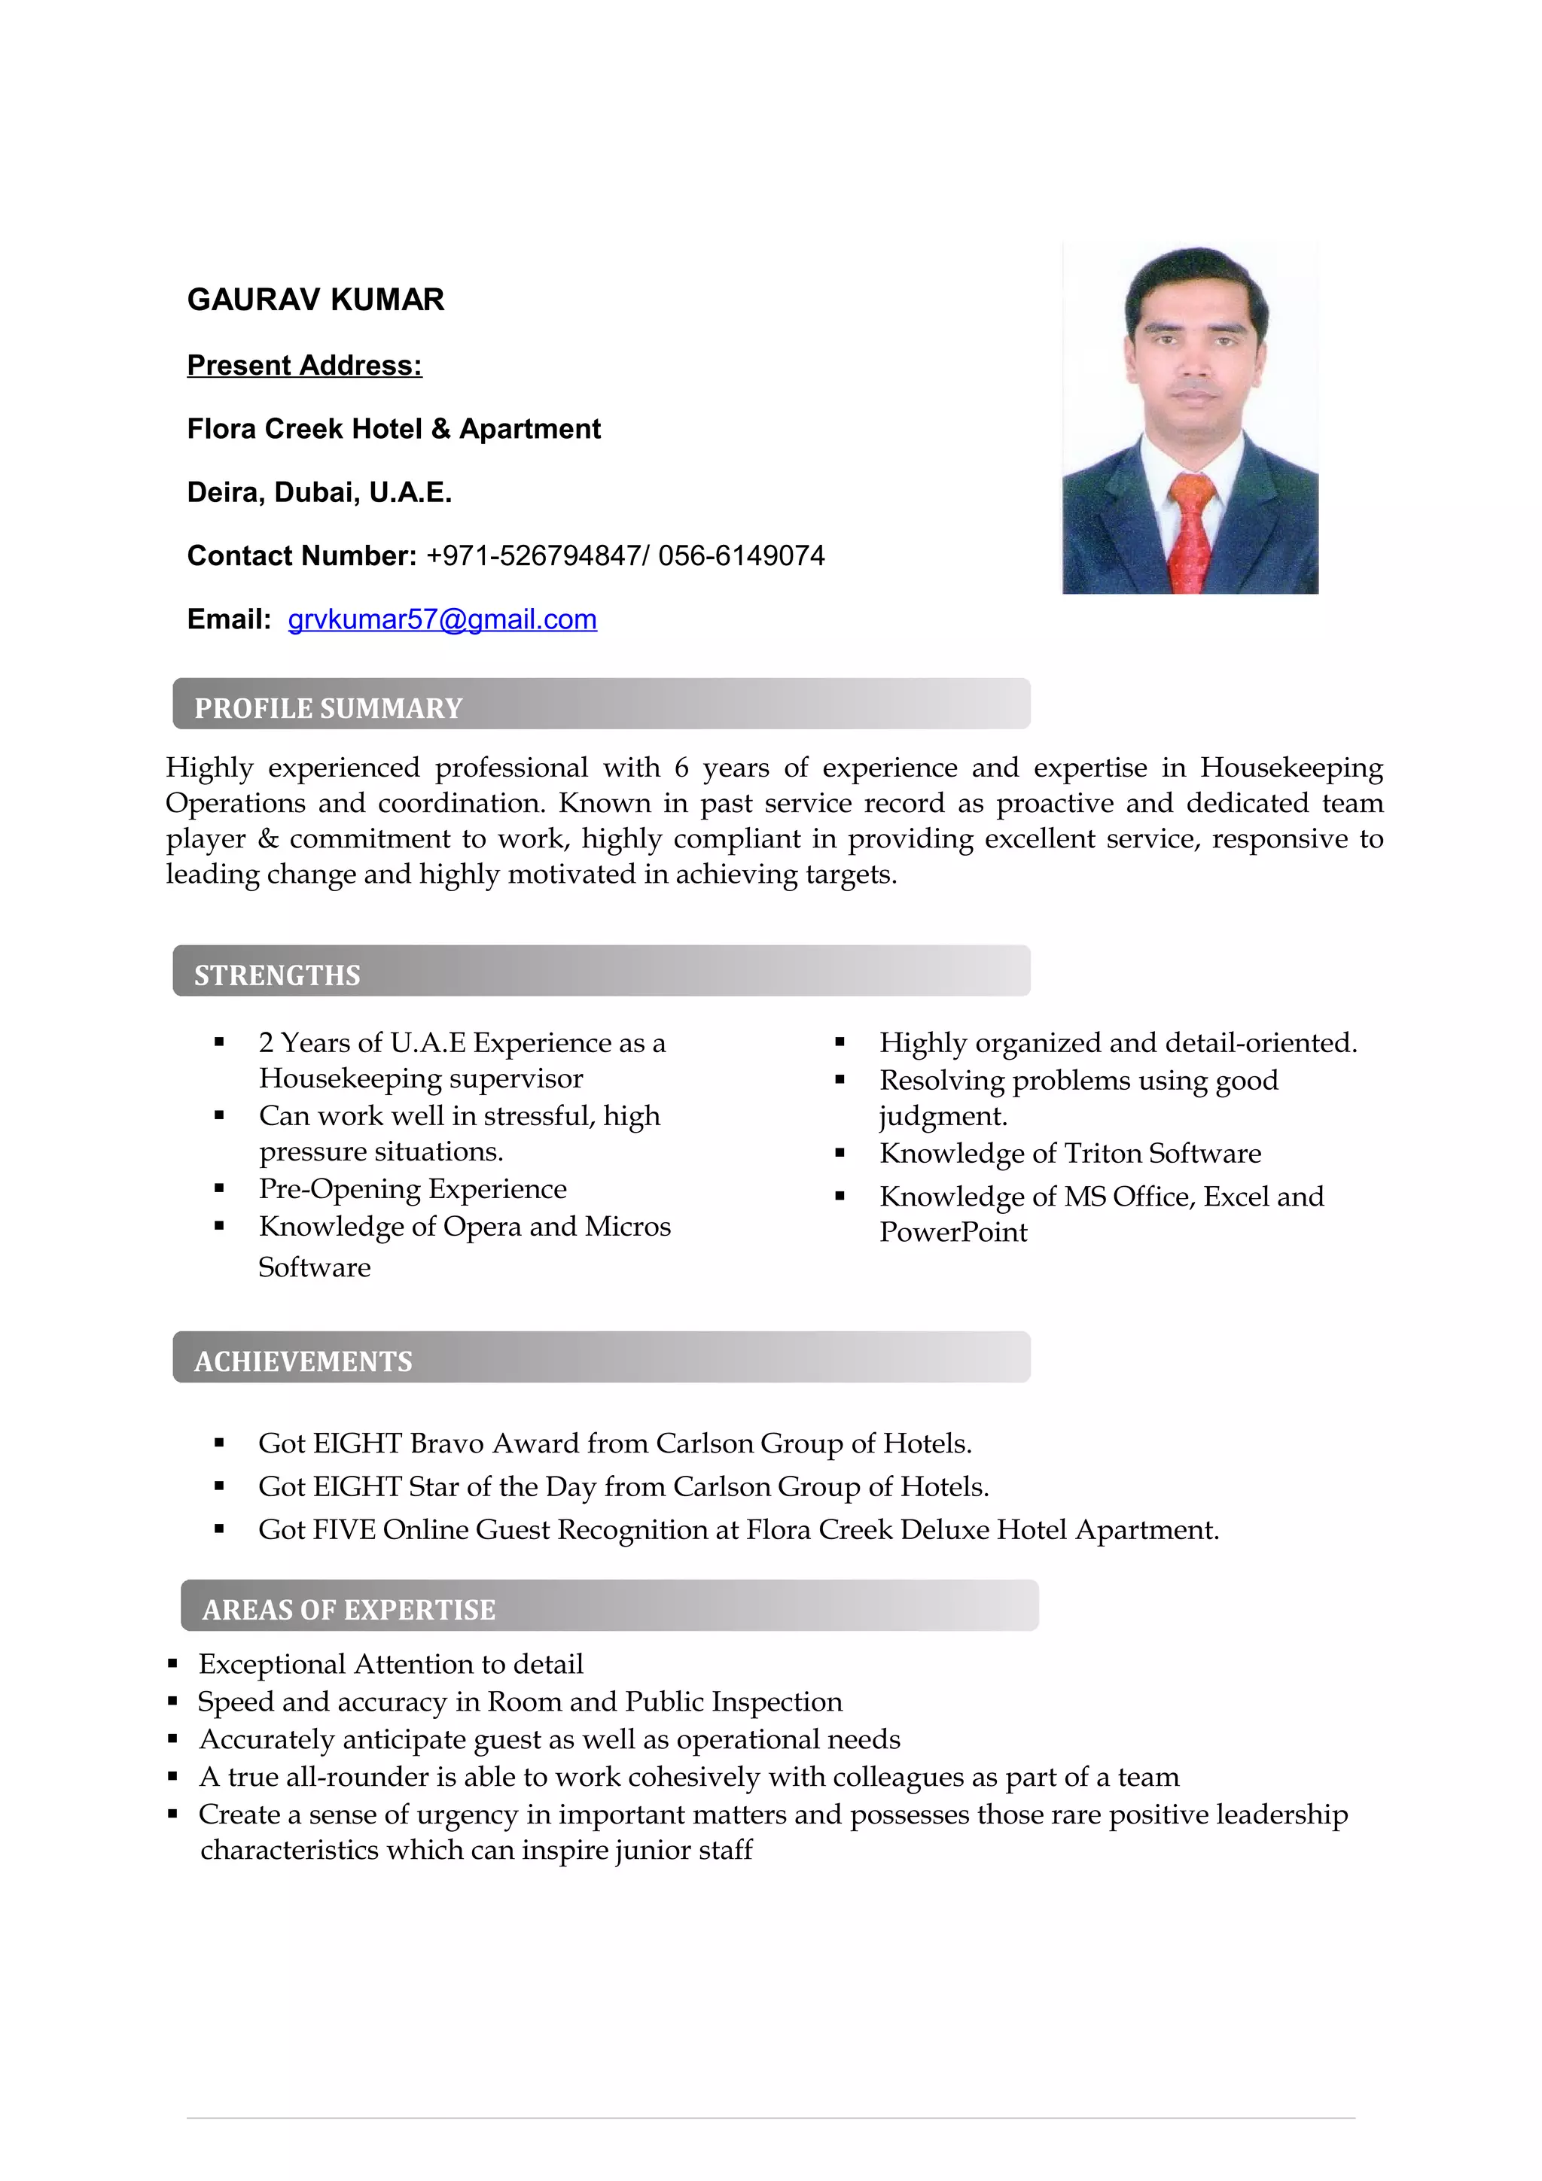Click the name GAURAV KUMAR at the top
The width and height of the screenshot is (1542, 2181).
315,300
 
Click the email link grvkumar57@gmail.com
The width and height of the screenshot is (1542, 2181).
442,620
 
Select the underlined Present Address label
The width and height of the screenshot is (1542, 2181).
304,366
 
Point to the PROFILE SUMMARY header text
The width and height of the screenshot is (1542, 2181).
328,709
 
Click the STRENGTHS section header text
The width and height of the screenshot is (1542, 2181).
276,975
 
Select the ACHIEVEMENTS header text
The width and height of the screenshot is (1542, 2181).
303,1362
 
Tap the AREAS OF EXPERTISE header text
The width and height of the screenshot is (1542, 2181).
349,1610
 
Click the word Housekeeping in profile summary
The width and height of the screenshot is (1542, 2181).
1291,768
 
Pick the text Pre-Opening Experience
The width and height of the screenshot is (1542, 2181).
413,1189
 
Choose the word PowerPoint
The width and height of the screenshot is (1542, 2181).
953,1233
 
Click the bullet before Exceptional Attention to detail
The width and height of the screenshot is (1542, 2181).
173,1664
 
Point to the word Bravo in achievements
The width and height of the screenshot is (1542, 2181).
446,1444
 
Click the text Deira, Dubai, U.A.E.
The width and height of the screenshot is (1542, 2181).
319,493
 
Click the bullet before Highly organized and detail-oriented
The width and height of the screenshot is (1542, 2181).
840,1043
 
